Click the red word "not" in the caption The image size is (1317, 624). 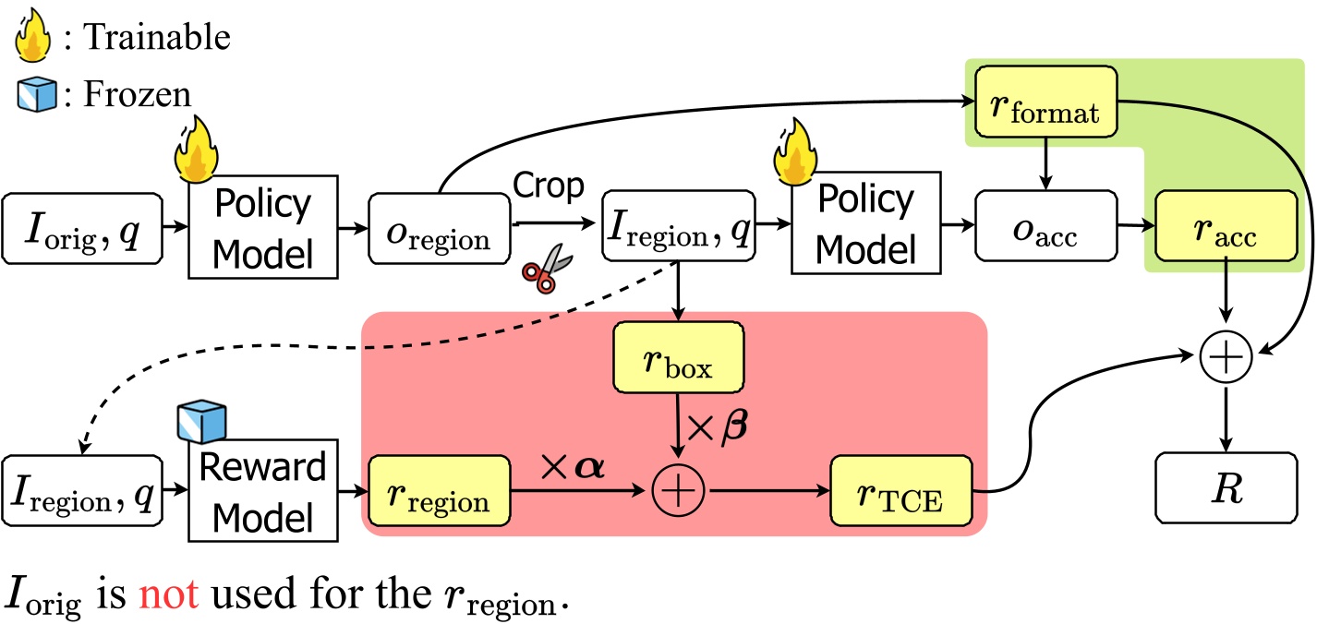(x=168, y=595)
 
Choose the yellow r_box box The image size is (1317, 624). (x=679, y=357)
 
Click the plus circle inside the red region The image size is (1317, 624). (x=679, y=490)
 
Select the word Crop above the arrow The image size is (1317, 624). (x=549, y=187)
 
